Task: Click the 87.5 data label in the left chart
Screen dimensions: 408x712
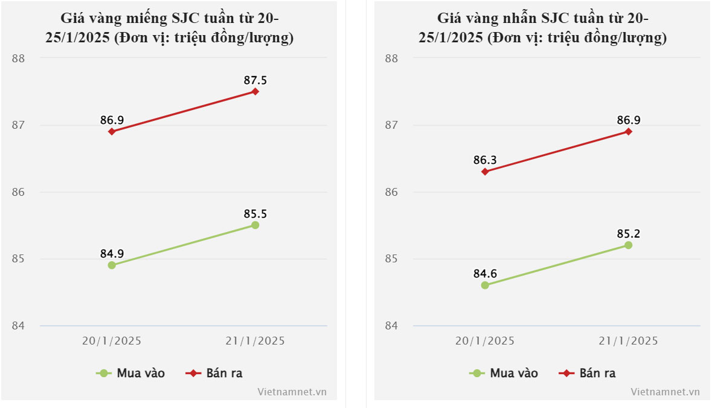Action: click(x=255, y=80)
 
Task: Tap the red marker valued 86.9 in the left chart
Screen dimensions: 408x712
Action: click(x=112, y=131)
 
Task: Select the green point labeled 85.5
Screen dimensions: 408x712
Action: click(x=255, y=225)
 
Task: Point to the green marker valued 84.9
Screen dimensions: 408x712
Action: click(x=112, y=265)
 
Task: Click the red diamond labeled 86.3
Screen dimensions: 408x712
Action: click(x=485, y=172)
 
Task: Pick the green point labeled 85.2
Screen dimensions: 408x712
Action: click(x=628, y=245)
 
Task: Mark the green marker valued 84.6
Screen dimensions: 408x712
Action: click(x=485, y=285)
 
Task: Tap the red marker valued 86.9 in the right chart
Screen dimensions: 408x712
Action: click(x=628, y=131)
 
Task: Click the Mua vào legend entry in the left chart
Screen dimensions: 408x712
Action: click(x=130, y=373)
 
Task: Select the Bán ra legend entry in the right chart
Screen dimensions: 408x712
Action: click(x=587, y=373)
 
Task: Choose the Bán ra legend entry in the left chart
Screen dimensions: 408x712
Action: click(x=214, y=373)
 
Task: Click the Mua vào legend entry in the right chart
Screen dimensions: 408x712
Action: click(x=504, y=373)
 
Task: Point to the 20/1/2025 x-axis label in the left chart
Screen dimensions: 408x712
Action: click(x=112, y=341)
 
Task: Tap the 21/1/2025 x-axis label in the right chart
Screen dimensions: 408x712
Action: click(x=628, y=341)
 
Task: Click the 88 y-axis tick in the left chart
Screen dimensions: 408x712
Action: click(x=18, y=59)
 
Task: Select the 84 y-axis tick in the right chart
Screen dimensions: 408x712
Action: click(x=391, y=326)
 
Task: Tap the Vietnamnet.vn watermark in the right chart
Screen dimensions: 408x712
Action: click(x=665, y=392)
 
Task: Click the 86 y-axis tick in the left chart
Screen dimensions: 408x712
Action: click(x=18, y=192)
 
